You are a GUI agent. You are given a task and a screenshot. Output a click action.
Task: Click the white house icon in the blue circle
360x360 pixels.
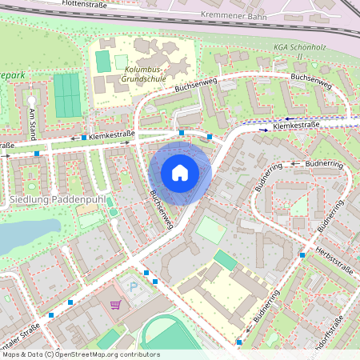point(180,173)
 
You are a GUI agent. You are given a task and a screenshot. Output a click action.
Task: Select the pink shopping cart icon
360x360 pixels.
point(116,305)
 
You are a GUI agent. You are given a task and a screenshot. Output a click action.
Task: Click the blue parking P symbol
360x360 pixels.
point(134,286)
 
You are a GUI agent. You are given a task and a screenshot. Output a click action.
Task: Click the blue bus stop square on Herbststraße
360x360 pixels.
point(302,254)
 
